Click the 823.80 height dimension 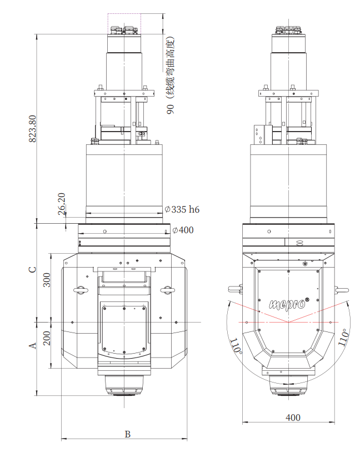pos(33,129)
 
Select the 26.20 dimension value pos(62,204)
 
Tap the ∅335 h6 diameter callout pos(182,209)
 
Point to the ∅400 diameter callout pos(183,230)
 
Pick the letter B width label pos(127,434)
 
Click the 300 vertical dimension pos(47,280)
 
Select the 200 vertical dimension pos(47,338)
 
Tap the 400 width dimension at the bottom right pos(293,417)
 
